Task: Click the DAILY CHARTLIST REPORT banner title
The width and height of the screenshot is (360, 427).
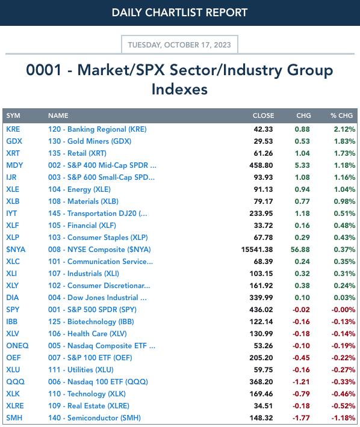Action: (x=179, y=13)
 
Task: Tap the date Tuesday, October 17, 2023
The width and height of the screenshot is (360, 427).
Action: (x=179, y=45)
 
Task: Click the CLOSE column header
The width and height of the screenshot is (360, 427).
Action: (x=263, y=115)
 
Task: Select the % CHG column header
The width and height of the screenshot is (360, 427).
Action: (x=342, y=115)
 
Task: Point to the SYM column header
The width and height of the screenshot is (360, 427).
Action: (x=13, y=115)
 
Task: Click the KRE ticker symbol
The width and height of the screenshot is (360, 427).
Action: (x=13, y=129)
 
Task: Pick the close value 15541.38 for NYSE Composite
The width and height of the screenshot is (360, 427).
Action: (x=257, y=250)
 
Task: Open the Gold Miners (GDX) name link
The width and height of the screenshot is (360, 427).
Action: (x=90, y=141)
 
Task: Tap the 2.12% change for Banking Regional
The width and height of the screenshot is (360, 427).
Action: (x=344, y=129)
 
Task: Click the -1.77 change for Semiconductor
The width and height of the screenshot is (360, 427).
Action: (x=301, y=418)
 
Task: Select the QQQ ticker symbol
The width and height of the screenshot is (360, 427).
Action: (x=15, y=382)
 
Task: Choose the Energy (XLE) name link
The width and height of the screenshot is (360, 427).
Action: (x=79, y=189)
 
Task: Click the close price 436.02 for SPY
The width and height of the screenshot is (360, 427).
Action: (x=261, y=310)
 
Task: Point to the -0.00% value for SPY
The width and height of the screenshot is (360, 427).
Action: (x=343, y=310)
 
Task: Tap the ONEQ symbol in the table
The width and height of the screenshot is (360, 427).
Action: (x=17, y=346)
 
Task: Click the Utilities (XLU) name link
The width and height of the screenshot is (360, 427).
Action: (x=81, y=370)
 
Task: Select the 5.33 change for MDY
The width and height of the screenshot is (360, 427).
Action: (x=302, y=165)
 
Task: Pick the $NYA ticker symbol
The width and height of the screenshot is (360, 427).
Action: (x=16, y=250)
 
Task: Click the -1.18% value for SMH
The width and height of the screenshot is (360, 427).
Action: (x=343, y=418)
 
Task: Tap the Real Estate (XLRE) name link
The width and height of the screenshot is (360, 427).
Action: (x=89, y=406)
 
